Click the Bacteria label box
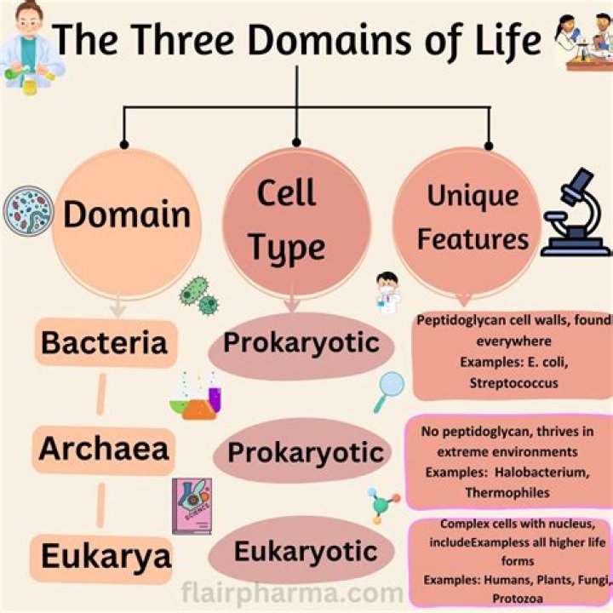(x=104, y=344)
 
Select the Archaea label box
(x=104, y=449)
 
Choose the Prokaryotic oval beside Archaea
(x=305, y=451)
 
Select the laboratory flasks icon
(x=197, y=397)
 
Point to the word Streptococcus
(x=513, y=383)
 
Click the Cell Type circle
(x=290, y=221)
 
